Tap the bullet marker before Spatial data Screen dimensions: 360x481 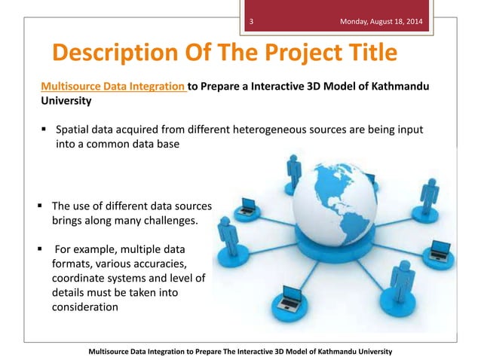(44, 130)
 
